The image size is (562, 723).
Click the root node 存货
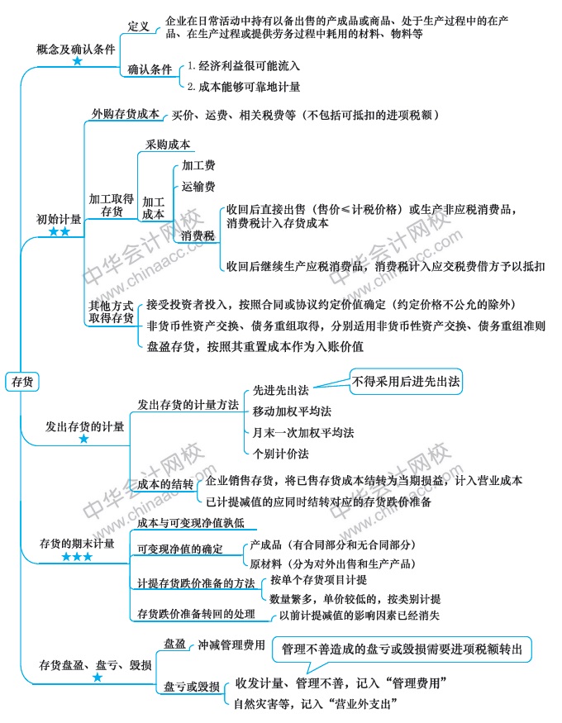click(22, 382)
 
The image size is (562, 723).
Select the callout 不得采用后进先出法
click(406, 381)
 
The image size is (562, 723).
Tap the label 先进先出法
click(280, 391)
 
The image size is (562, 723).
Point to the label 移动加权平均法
click(292, 411)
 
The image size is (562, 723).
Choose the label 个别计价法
click(280, 454)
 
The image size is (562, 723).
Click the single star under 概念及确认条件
click(78, 61)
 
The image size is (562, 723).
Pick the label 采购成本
click(168, 145)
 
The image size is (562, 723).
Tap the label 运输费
click(198, 186)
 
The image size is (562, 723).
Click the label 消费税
click(198, 235)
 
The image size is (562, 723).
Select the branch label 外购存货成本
click(126, 114)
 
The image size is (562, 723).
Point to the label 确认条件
click(150, 69)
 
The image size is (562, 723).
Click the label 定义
click(138, 26)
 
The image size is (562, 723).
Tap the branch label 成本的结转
click(165, 483)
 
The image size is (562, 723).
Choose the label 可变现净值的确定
click(180, 549)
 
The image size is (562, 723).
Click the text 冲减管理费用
click(231, 645)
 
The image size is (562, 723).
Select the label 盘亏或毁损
click(192, 687)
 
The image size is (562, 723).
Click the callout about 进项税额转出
click(402, 649)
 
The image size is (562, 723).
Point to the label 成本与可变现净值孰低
click(191, 523)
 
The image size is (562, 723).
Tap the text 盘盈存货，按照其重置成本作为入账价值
click(255, 347)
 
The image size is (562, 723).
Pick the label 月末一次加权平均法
click(303, 432)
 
